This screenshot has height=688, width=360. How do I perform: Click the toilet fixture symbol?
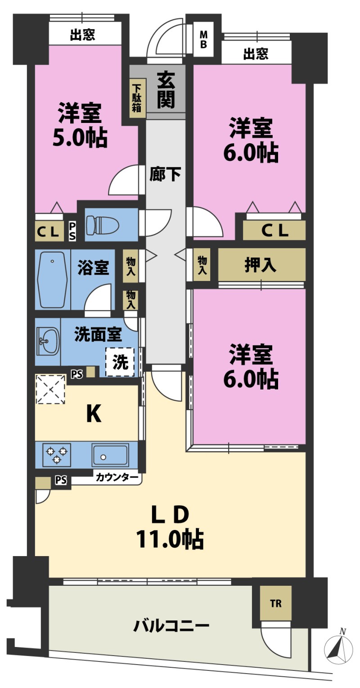coord(103,226)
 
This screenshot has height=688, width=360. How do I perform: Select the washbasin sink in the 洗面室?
coord(48,341)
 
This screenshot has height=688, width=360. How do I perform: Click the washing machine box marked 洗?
coord(120,362)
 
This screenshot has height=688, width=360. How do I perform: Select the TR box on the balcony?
coord(275,603)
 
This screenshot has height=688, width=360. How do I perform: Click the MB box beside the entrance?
coord(203,39)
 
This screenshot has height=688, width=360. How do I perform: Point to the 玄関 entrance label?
coord(166,90)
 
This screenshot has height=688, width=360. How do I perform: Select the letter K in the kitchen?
coord(94,414)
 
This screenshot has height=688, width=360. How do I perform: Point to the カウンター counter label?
coord(117,477)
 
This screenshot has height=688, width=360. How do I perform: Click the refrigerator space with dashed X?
coord(51,389)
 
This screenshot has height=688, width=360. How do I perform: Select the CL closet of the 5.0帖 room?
coord(49,231)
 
